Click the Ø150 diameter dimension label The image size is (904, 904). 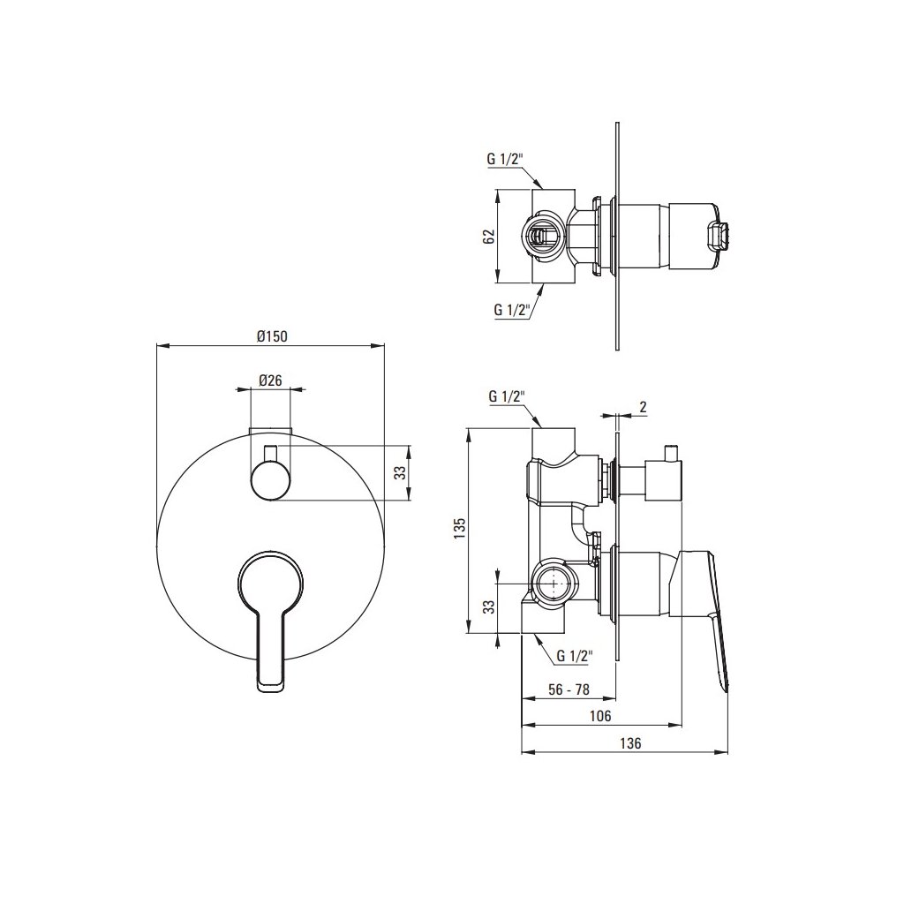click(x=272, y=336)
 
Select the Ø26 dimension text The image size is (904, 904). click(x=270, y=380)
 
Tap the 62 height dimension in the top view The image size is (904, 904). click(x=489, y=236)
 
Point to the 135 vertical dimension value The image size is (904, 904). click(x=459, y=528)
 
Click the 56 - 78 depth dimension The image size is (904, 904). click(x=569, y=689)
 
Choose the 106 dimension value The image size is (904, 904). click(x=600, y=716)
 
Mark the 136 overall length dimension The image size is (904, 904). click(x=630, y=743)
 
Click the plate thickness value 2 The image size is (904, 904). click(x=644, y=406)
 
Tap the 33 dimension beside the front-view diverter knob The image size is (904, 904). click(x=400, y=473)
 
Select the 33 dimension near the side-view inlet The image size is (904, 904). click(x=489, y=607)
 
